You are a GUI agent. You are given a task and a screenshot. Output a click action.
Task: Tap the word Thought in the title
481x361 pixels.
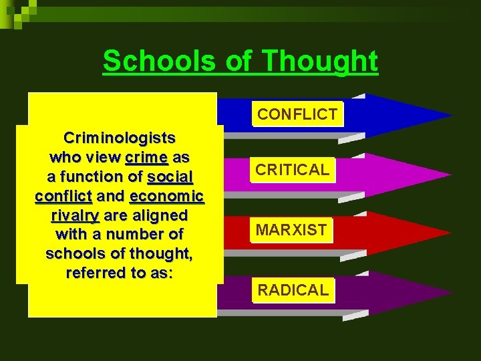(321, 61)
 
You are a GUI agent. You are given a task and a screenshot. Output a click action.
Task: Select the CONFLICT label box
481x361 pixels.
(297, 114)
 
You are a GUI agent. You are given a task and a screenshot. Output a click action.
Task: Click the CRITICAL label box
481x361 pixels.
(293, 170)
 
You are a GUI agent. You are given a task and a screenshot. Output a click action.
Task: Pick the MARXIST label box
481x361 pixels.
(292, 231)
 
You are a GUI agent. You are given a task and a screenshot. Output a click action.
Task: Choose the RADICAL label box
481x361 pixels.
(293, 290)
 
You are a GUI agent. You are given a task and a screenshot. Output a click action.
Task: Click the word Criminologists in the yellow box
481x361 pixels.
(120, 138)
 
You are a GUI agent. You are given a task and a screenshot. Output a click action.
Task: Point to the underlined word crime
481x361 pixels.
(146, 158)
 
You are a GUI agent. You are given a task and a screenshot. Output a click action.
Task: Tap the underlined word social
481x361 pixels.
(170, 177)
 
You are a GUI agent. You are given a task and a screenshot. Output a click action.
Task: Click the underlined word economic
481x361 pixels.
(167, 197)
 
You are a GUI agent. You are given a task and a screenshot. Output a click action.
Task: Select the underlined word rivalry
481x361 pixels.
(75, 216)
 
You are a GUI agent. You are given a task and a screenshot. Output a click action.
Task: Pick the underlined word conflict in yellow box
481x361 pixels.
(63, 197)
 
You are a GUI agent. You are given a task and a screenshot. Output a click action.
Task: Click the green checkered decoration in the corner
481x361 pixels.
(17, 12)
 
